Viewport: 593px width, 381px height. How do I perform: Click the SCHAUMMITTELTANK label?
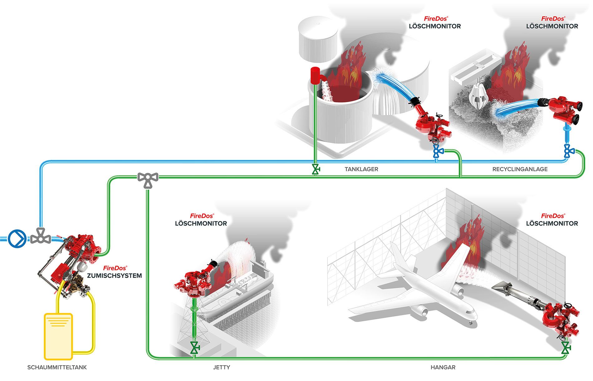click(57, 367)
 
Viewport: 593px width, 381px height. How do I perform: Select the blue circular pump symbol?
click(17, 239)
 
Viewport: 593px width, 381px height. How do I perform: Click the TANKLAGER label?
click(361, 169)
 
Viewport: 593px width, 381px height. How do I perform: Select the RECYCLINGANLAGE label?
click(520, 169)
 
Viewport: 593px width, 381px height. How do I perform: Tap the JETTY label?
click(221, 367)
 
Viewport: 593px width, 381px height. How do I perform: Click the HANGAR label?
click(443, 367)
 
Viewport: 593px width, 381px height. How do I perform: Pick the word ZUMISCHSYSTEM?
click(114, 276)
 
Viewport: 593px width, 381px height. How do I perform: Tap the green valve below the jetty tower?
click(195, 347)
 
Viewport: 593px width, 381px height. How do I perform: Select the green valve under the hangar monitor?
click(565, 347)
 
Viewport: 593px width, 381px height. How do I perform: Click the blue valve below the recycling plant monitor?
click(569, 151)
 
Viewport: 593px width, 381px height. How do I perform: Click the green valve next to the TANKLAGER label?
click(316, 170)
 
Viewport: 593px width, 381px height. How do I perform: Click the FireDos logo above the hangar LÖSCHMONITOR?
click(552, 216)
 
